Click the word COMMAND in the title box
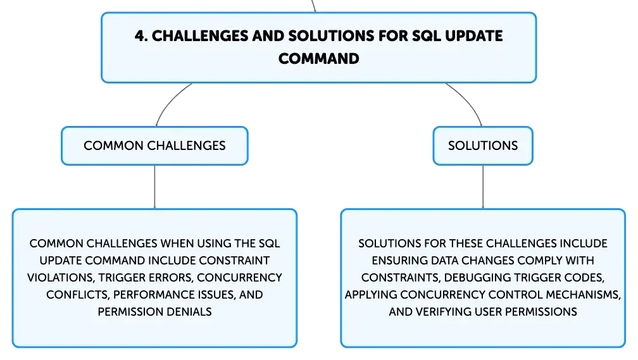tap(318, 59)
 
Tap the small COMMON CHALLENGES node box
tap(154, 146)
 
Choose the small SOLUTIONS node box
tap(483, 146)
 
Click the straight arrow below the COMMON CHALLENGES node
tap(154, 187)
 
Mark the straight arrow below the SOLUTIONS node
tap(483, 187)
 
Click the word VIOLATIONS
tap(61, 278)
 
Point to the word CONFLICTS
tap(77, 295)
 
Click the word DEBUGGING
tap(473, 278)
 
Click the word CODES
tap(588, 278)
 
